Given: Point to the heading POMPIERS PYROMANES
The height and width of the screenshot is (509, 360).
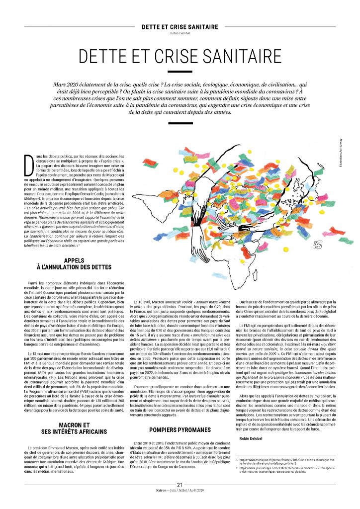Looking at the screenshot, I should [x=180, y=430].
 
